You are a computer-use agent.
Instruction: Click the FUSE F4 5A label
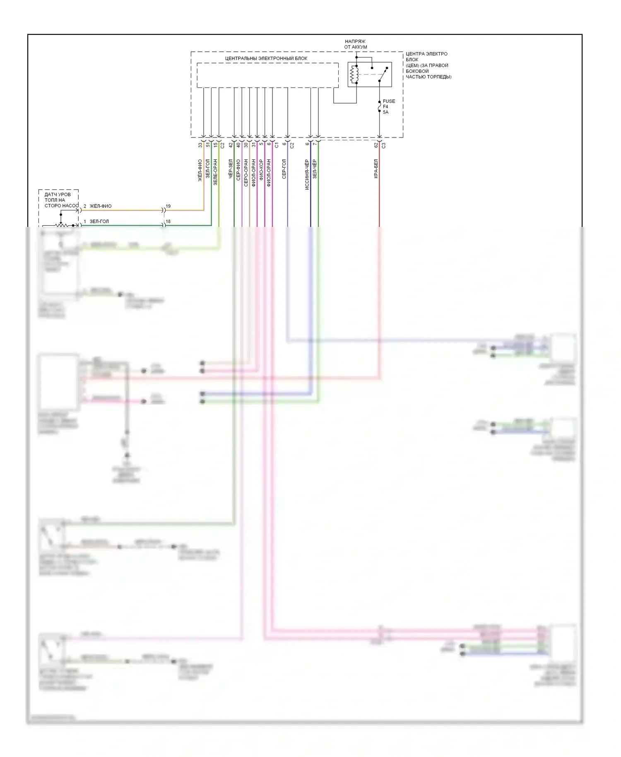point(388,106)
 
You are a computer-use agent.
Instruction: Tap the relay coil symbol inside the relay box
point(354,75)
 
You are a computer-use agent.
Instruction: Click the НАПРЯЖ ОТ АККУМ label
point(356,44)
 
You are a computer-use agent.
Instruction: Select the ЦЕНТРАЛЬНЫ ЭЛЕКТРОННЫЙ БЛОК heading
point(266,58)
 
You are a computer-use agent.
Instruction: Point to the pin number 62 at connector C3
point(376,145)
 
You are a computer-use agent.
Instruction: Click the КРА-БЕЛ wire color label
point(376,169)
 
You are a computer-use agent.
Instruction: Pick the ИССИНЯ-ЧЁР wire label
point(307,174)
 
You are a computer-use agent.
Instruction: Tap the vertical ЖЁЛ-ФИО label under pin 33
point(200,170)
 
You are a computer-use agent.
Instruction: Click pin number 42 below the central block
point(231,145)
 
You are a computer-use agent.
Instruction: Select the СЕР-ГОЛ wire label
point(284,169)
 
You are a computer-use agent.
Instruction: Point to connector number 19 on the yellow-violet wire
point(168,206)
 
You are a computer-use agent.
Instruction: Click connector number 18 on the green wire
point(168,222)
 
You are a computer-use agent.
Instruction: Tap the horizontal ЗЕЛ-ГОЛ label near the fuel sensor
point(99,222)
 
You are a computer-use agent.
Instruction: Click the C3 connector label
point(383,145)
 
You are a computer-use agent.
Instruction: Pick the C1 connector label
point(277,145)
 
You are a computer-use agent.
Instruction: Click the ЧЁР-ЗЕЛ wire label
point(231,169)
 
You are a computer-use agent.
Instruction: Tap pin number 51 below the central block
point(208,145)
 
